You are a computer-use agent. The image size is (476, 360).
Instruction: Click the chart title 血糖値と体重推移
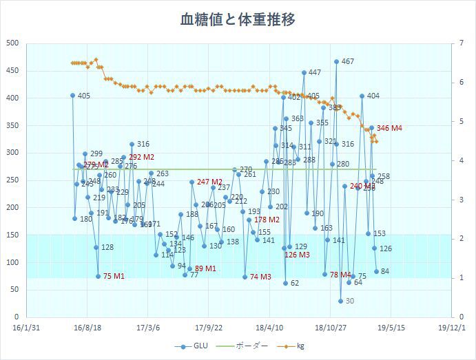[x=238, y=19]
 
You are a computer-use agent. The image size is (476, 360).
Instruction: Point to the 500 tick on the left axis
[x=12, y=43]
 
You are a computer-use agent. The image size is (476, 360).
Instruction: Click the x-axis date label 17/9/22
[x=209, y=329]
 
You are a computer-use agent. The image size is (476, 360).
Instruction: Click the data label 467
[x=348, y=61]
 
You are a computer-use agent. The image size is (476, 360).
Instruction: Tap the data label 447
[x=314, y=72]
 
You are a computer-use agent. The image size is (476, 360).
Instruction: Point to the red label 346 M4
[x=389, y=128]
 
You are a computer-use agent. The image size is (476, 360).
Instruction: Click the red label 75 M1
[x=114, y=276]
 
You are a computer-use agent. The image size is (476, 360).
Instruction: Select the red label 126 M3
[x=297, y=255]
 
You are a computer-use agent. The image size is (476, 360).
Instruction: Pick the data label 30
[x=349, y=301]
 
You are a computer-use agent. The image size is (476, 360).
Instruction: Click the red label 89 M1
[x=205, y=268]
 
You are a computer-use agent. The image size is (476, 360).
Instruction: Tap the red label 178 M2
[x=267, y=220]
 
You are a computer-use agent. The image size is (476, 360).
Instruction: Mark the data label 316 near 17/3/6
[x=143, y=145]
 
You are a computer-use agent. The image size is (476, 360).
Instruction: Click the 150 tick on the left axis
[x=12, y=235]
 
